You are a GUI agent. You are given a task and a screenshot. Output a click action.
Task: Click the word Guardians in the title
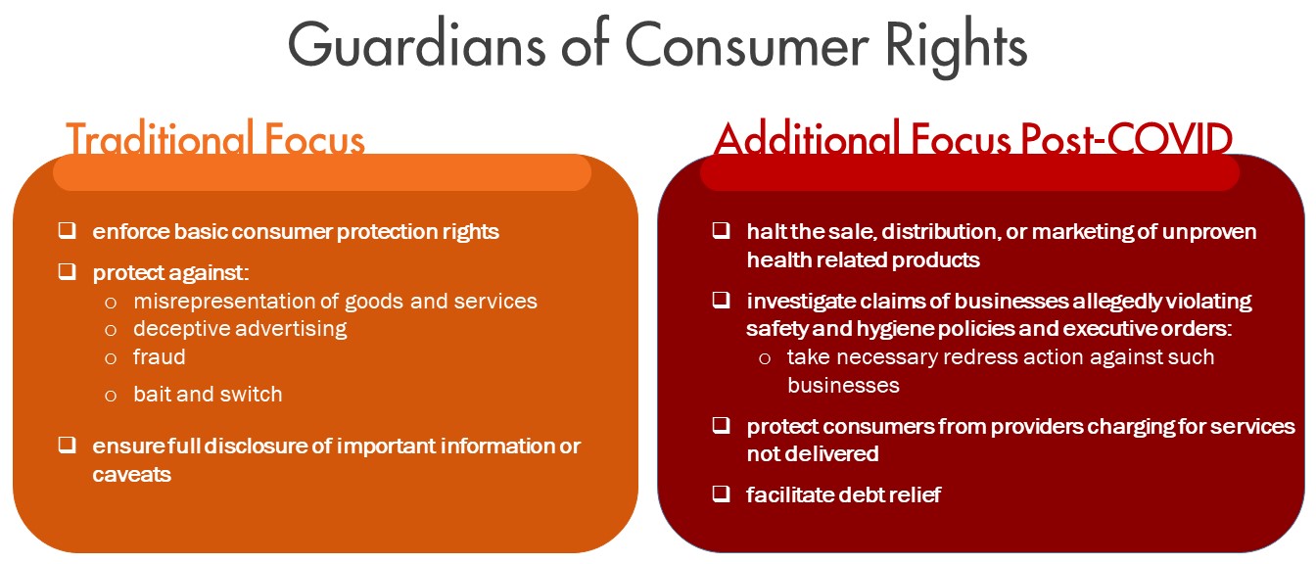[x=416, y=45]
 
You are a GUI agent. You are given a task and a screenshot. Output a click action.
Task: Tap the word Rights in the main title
[x=957, y=47]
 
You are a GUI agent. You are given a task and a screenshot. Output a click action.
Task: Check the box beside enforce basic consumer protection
[x=67, y=230]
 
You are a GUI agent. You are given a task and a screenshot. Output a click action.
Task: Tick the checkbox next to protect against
[x=67, y=271]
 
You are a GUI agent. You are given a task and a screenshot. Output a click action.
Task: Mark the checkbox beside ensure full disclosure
[x=67, y=445]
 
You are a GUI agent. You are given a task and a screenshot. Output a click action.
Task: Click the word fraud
[x=160, y=356]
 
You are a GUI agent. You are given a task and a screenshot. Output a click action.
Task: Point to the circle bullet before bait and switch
[x=111, y=396]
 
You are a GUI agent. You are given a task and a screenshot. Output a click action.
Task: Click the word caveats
[x=131, y=475]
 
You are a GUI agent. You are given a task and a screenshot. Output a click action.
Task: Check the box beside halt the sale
[x=721, y=230]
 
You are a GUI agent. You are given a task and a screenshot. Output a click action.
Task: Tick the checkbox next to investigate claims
[x=721, y=300]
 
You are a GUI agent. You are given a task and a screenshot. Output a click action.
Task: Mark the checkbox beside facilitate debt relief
[x=721, y=493]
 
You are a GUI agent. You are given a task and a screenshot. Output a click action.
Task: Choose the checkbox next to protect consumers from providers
[x=721, y=425]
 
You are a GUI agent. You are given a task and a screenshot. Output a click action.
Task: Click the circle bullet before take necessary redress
[x=765, y=358]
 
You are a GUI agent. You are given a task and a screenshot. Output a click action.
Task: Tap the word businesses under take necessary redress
[x=843, y=386]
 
